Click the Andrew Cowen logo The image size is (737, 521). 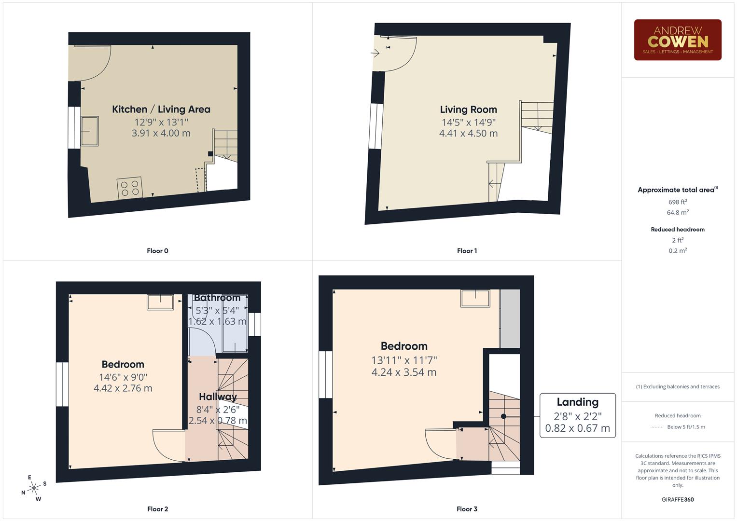click(677, 40)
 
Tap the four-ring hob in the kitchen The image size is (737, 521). click(130, 188)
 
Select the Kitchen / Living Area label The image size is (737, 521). click(161, 110)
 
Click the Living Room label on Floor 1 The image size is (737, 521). click(468, 110)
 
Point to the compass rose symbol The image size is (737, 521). click(33, 488)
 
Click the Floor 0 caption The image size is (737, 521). click(157, 251)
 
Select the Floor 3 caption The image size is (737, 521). click(467, 509)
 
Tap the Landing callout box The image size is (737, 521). click(577, 415)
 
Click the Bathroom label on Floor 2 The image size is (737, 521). click(217, 298)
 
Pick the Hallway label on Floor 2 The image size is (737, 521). click(218, 397)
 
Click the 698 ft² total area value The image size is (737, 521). click(677, 202)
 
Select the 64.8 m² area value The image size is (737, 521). click(677, 212)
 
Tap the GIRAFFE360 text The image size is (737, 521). click(677, 499)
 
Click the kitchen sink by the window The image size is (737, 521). click(89, 131)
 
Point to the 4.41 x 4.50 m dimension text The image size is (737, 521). click(468, 134)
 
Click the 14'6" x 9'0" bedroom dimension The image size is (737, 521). click(123, 377)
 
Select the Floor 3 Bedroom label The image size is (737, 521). click(404, 346)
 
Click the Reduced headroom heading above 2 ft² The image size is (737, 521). click(677, 230)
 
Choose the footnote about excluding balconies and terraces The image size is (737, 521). click(677, 386)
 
